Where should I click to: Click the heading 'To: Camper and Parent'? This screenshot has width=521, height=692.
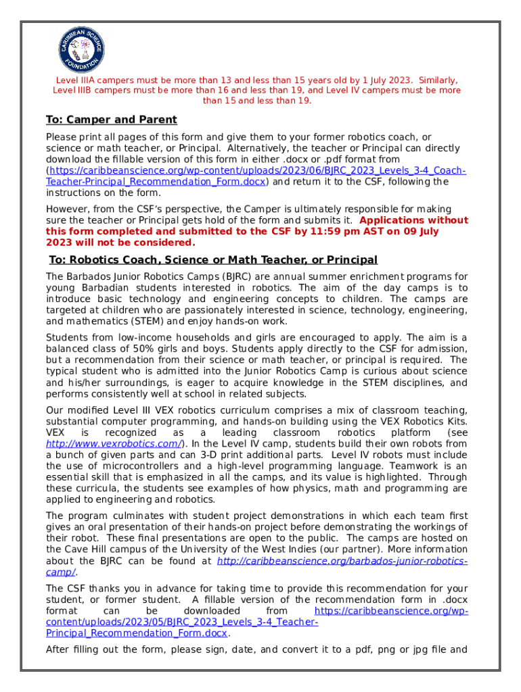pos(111,120)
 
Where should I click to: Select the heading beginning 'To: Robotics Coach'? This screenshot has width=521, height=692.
pos(213,260)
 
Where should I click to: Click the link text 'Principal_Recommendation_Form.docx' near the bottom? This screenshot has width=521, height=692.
pos(136,633)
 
